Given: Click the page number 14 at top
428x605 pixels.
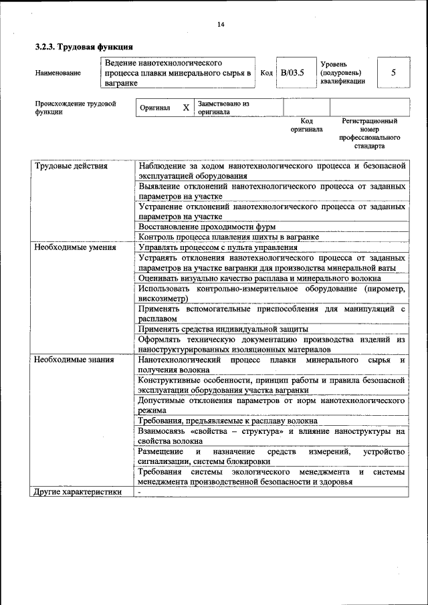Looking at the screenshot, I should click(x=221, y=25).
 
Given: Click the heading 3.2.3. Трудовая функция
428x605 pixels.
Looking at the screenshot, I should click(x=84, y=47).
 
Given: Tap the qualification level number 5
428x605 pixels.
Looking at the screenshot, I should click(x=394, y=72).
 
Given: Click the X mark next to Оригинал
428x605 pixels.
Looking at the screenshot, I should click(x=186, y=108).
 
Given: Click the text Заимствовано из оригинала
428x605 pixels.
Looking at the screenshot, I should click(x=223, y=108).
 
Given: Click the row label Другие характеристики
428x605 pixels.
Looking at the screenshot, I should click(x=78, y=492).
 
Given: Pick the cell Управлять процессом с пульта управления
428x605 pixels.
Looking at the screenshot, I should click(x=218, y=247).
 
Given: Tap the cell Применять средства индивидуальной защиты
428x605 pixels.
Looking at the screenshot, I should click(x=223, y=329).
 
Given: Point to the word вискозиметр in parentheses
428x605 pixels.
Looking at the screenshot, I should click(x=163, y=298).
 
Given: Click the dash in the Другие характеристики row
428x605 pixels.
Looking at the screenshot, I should click(x=140, y=492).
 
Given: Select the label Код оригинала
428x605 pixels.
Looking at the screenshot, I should click(x=307, y=125).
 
